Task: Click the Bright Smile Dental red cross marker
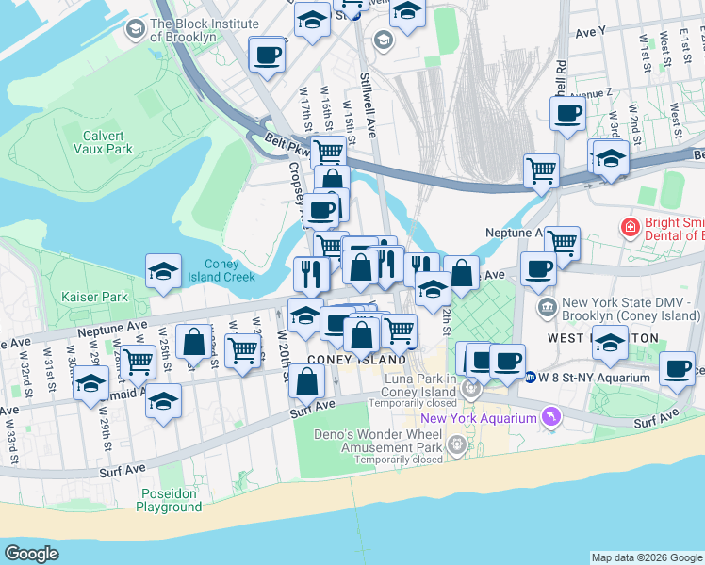(629, 227)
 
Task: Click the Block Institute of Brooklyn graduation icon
(135, 30)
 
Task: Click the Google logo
(31, 554)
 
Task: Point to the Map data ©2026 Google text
(647, 557)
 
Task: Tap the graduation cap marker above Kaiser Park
(164, 272)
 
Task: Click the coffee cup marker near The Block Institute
(268, 55)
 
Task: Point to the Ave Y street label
(589, 32)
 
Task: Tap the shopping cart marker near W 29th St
(139, 359)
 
